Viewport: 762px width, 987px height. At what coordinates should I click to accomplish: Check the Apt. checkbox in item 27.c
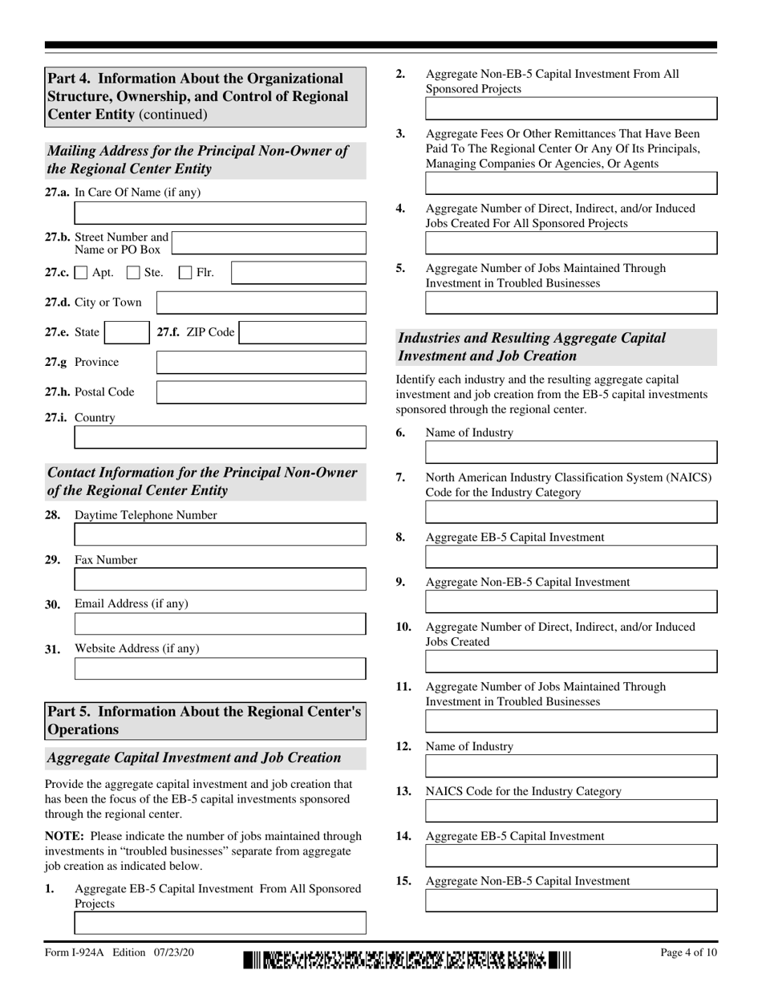(81, 273)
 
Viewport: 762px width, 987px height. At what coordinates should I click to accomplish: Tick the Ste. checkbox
(134, 273)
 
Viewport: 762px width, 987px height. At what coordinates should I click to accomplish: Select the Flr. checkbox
(186, 273)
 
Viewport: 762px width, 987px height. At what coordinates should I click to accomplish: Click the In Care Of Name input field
(220, 213)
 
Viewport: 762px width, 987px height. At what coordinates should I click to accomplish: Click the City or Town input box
(261, 303)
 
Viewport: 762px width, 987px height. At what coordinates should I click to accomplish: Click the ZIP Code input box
(302, 333)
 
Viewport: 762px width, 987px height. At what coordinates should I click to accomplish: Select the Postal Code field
(261, 392)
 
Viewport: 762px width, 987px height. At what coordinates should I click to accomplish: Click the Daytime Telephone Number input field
(220, 535)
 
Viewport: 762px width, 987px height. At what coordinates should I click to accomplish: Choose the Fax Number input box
(220, 579)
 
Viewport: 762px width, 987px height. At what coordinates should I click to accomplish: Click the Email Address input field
(220, 624)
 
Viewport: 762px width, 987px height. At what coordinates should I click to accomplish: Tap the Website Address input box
(220, 669)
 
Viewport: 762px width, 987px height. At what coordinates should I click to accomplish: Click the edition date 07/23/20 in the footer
(170, 952)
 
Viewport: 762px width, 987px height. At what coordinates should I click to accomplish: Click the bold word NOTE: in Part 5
(63, 836)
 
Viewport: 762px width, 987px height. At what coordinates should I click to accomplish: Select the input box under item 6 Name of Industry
(570, 453)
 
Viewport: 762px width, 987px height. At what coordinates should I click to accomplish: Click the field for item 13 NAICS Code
(570, 811)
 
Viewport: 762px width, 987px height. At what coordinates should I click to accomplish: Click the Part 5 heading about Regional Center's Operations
(205, 721)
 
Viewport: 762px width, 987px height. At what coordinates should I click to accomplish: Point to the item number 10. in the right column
(404, 627)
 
